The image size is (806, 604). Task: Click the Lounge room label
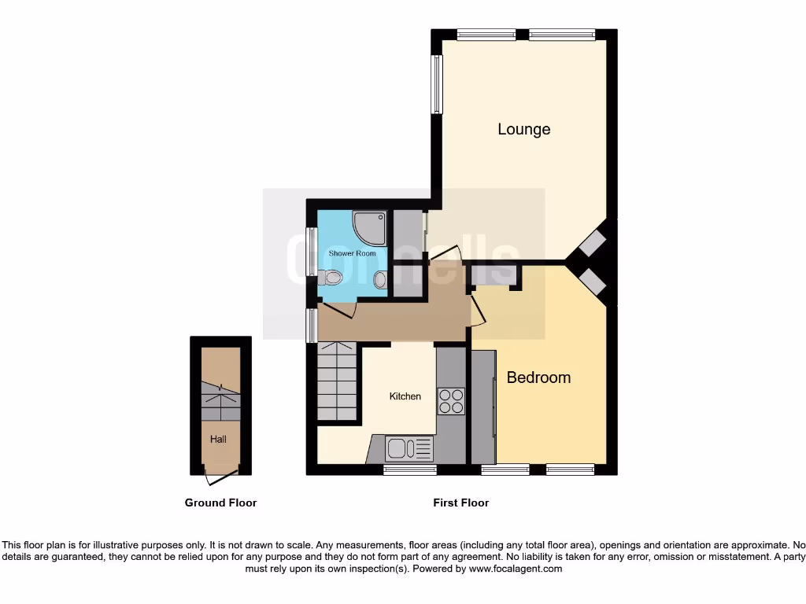(x=523, y=129)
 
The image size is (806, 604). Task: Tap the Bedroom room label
(x=538, y=377)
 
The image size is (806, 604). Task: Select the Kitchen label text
(x=405, y=396)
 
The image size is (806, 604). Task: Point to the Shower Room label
(x=352, y=253)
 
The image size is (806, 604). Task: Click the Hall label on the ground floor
(x=218, y=439)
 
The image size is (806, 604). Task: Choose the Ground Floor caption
(x=220, y=503)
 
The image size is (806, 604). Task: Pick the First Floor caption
(x=460, y=503)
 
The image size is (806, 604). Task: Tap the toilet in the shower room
(x=333, y=278)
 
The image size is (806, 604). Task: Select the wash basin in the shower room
(x=380, y=279)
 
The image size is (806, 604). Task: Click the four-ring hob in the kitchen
(x=451, y=401)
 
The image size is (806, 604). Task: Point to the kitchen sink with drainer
(x=409, y=449)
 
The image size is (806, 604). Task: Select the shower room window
(x=312, y=252)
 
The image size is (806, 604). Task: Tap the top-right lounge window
(x=562, y=34)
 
